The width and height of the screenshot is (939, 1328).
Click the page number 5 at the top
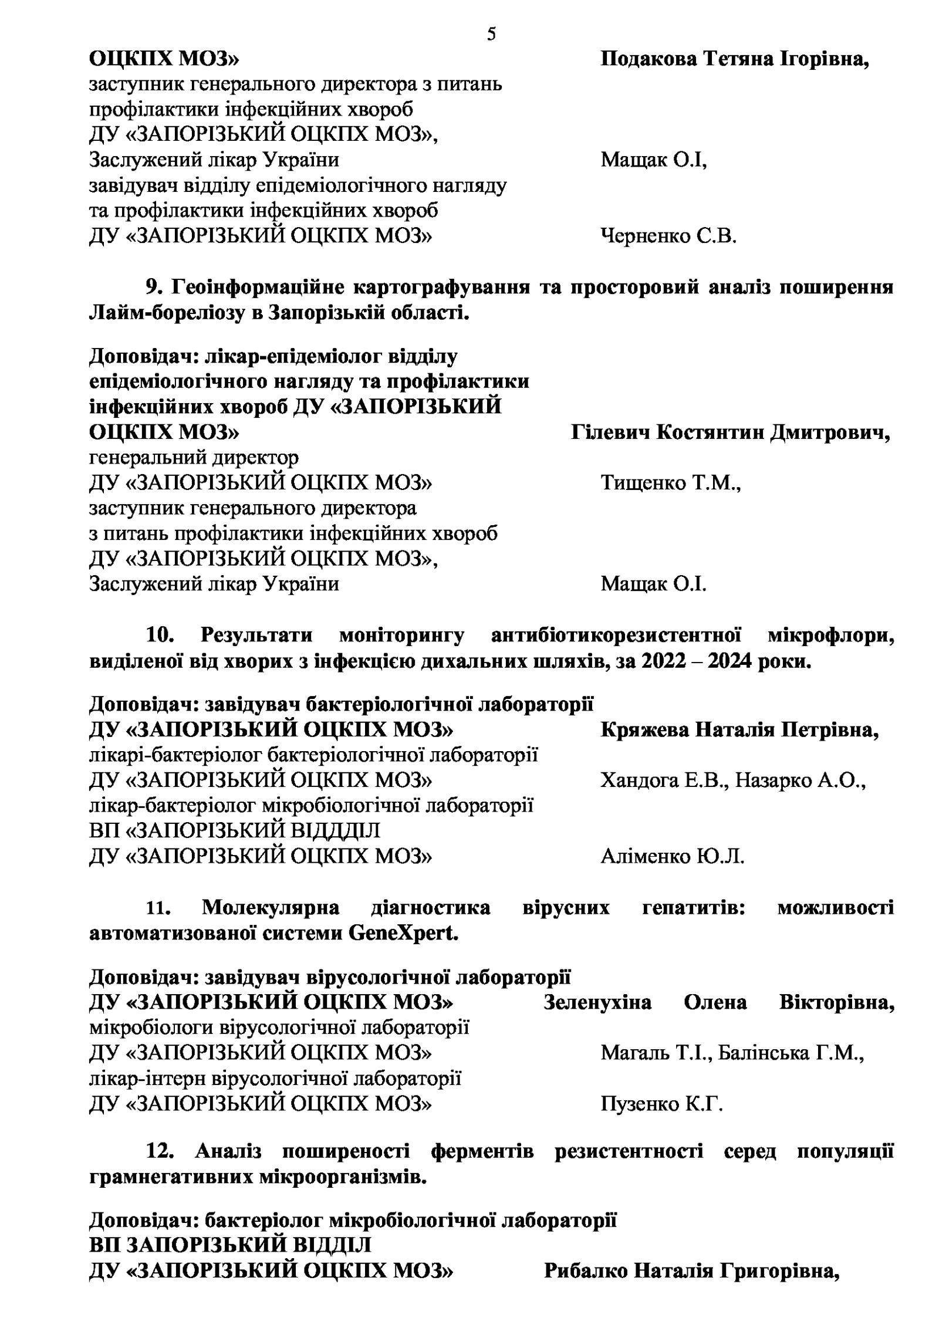point(491,35)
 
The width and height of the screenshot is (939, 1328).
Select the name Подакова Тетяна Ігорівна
point(734,60)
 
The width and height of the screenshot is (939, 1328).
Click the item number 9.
point(154,288)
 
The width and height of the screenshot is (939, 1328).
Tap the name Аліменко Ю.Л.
point(672,857)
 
